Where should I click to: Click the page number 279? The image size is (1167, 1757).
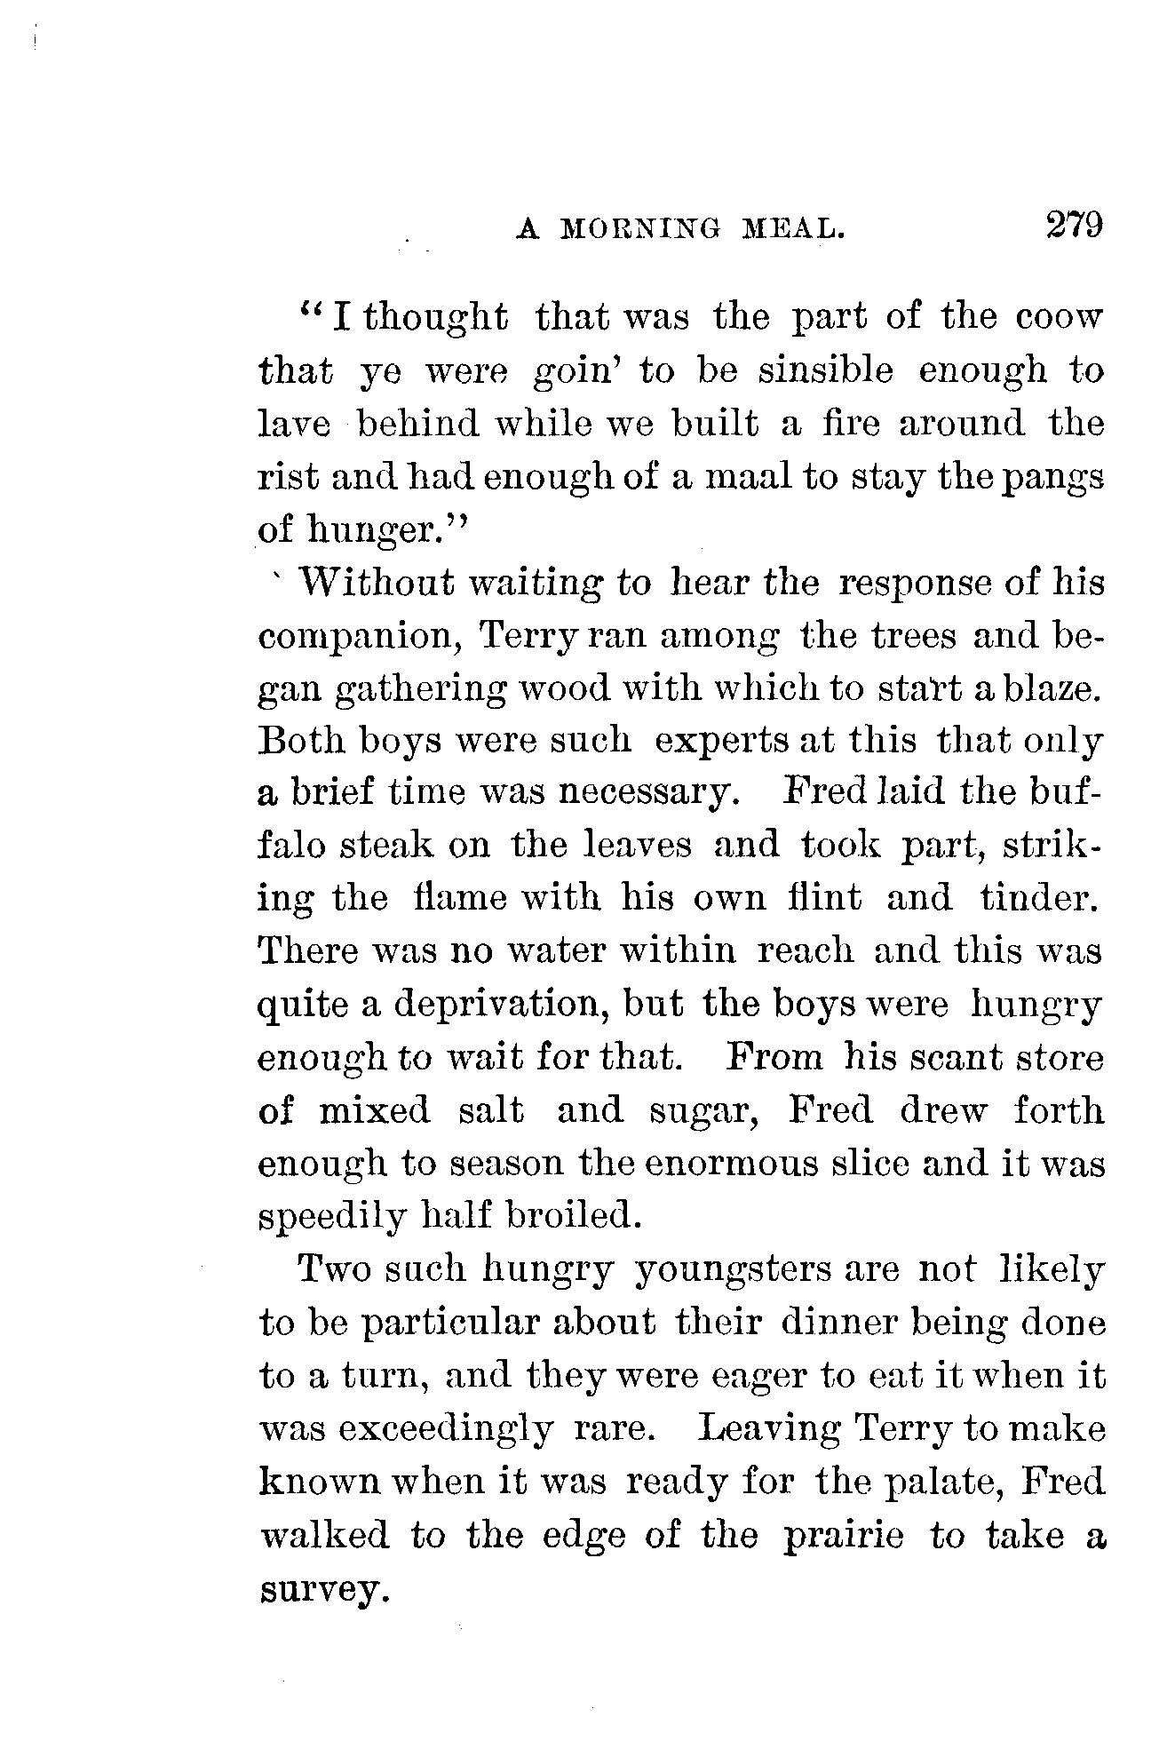pyautogui.click(x=1073, y=224)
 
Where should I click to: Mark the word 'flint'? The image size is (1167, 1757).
pyautogui.click(x=828, y=897)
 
